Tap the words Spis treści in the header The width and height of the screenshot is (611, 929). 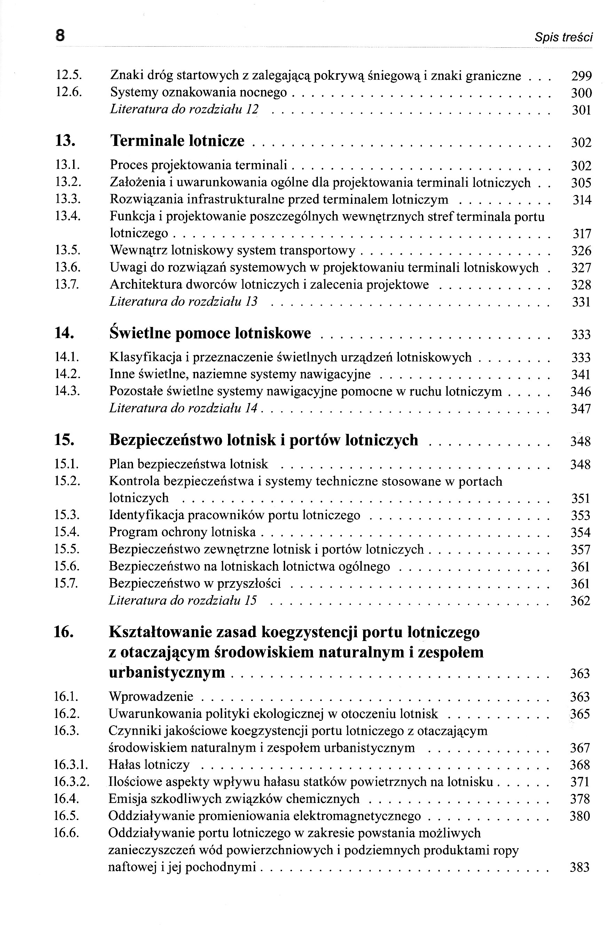[x=563, y=38]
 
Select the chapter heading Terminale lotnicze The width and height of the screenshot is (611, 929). [x=177, y=141]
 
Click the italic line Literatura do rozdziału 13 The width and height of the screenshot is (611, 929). [x=183, y=302]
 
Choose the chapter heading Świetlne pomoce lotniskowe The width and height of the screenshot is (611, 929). [x=210, y=333]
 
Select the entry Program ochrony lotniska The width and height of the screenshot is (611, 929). [x=182, y=532]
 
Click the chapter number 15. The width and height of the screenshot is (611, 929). [x=64, y=440]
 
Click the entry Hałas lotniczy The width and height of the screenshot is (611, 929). [x=149, y=765]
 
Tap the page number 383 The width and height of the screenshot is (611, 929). [x=580, y=867]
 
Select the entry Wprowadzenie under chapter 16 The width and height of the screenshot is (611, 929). [x=151, y=697]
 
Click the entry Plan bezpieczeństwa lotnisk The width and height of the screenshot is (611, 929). [x=188, y=464]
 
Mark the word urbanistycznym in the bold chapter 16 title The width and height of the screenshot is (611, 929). [x=167, y=672]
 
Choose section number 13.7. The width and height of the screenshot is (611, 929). [x=67, y=284]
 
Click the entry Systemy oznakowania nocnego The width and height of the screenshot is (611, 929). [x=198, y=93]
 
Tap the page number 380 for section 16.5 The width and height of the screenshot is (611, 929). [x=580, y=816]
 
